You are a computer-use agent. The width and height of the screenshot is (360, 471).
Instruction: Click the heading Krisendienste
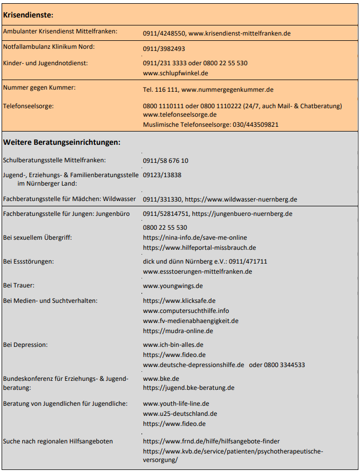(29, 14)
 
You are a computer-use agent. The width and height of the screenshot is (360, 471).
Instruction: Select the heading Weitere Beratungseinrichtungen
(62, 142)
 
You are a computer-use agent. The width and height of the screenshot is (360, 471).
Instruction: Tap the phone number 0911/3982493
(164, 49)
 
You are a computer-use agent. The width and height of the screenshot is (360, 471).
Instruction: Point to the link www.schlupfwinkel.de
(175, 73)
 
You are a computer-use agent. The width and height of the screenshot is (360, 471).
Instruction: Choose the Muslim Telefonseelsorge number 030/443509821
(256, 125)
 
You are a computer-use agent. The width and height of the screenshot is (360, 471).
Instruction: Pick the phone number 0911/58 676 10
(165, 161)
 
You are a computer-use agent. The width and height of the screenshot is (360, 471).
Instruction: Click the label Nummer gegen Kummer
(39, 88)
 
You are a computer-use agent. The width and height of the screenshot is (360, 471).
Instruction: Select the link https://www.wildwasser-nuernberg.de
(241, 199)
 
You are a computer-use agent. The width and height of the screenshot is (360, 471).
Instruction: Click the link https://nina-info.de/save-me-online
(195, 238)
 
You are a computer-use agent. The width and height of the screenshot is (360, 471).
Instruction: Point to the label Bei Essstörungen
(28, 261)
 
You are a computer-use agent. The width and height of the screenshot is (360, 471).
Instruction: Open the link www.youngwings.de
(173, 285)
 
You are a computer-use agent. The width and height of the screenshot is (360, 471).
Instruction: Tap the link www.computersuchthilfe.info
(186, 311)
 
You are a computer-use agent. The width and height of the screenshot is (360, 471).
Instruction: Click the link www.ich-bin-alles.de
(173, 345)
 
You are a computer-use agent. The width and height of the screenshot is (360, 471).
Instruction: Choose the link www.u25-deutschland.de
(180, 414)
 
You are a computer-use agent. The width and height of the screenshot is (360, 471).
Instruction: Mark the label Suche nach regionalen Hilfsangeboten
(58, 441)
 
